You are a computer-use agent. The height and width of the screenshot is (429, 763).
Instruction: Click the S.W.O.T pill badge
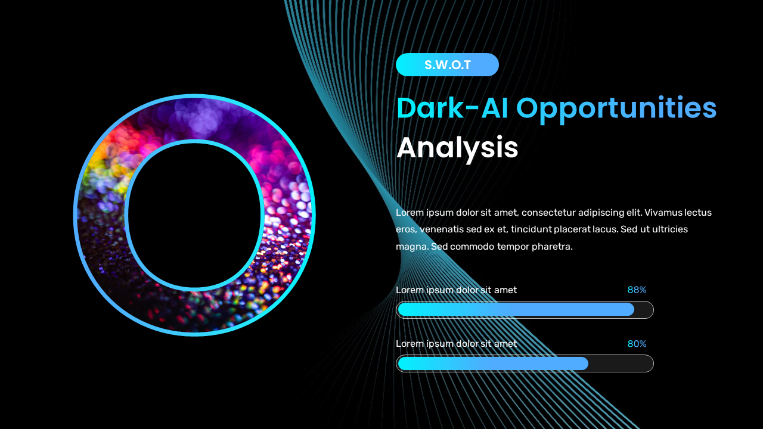coord(447,65)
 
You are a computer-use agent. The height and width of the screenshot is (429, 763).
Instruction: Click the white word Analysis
coord(457,148)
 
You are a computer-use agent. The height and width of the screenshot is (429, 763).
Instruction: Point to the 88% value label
coord(637,290)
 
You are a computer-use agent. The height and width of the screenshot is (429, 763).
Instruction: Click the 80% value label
coord(637,344)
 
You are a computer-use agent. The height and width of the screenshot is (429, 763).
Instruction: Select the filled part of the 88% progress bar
coord(516,309)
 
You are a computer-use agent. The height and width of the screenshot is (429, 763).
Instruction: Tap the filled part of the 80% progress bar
coord(493,363)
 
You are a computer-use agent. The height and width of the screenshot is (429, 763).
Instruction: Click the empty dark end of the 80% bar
coord(620,363)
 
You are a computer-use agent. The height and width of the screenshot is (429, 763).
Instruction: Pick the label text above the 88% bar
coord(456,290)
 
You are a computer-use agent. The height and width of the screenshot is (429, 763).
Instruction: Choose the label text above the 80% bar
coord(456,344)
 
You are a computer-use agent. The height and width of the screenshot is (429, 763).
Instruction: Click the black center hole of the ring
coord(194,214)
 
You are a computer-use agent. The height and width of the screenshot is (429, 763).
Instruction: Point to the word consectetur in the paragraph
coord(548,213)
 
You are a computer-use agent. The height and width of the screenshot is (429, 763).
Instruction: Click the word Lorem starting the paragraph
coord(409,213)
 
